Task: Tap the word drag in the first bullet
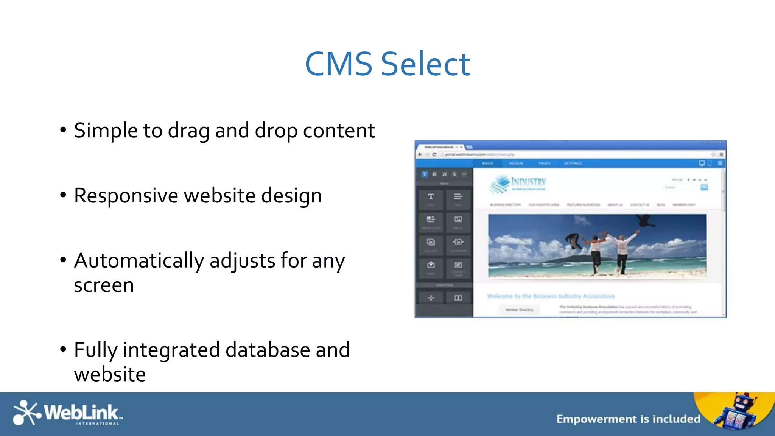(188, 131)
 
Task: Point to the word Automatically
(139, 261)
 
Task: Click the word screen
(104, 285)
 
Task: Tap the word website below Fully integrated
(110, 374)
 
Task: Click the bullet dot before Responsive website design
(63, 195)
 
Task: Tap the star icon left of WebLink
(26, 413)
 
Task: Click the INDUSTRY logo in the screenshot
(518, 184)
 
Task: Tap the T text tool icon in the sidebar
(431, 197)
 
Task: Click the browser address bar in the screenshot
(568, 154)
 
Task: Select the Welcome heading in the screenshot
(551, 296)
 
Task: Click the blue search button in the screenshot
(704, 187)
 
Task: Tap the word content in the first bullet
(339, 131)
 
